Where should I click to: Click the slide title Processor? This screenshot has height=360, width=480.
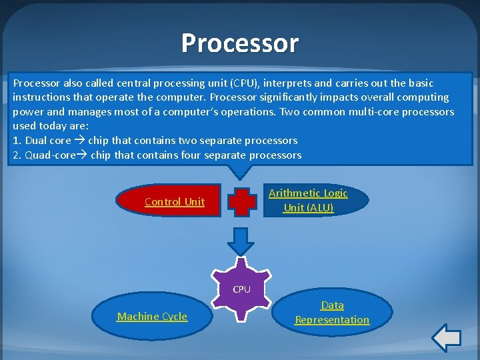click(x=240, y=43)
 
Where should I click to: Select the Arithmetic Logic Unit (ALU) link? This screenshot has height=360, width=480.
click(x=308, y=200)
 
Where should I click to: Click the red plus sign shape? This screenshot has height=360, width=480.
click(x=241, y=201)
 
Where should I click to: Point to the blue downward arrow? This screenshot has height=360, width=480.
click(x=241, y=241)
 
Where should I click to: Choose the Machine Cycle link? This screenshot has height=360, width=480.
click(x=152, y=317)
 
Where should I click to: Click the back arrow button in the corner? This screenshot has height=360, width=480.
click(x=446, y=337)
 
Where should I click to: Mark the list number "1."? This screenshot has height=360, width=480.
click(x=17, y=141)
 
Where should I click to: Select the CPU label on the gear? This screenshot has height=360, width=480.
click(x=241, y=289)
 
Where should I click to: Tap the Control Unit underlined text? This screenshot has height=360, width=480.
click(x=175, y=202)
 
